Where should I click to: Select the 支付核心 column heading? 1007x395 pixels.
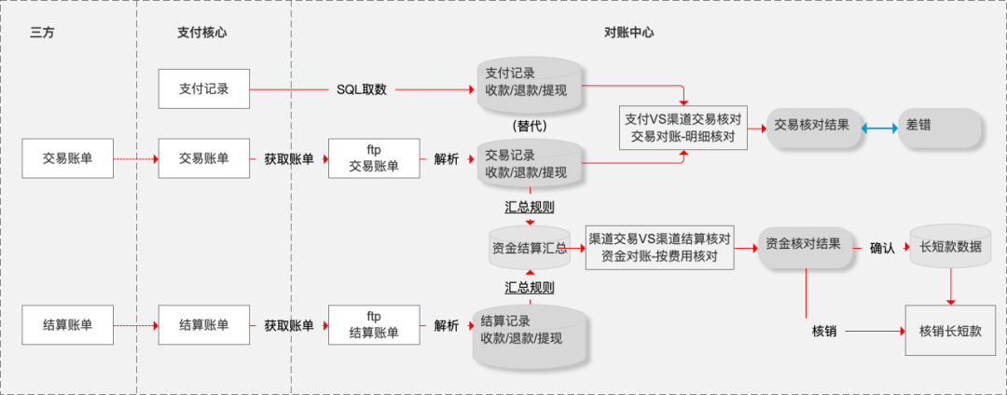pyautogui.click(x=201, y=32)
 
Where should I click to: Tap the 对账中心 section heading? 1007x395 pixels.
pyautogui.click(x=628, y=32)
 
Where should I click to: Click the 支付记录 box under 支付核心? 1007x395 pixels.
pyautogui.click(x=204, y=89)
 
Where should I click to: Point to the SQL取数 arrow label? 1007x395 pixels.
pyautogui.click(x=362, y=89)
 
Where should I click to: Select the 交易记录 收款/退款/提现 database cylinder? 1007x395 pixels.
pyautogui.click(x=530, y=163)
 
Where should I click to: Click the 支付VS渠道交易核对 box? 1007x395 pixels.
pyautogui.click(x=683, y=127)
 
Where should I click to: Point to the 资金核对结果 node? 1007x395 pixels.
pyautogui.click(x=805, y=245)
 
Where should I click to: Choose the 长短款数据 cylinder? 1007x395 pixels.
pyautogui.click(x=950, y=248)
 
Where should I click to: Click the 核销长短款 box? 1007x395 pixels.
pyautogui.click(x=950, y=330)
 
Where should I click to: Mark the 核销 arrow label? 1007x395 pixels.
pyautogui.click(x=824, y=331)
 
